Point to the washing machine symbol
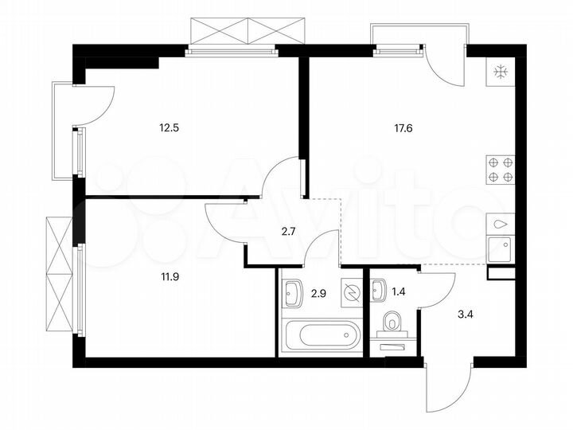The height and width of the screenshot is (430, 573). click(x=349, y=292)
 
